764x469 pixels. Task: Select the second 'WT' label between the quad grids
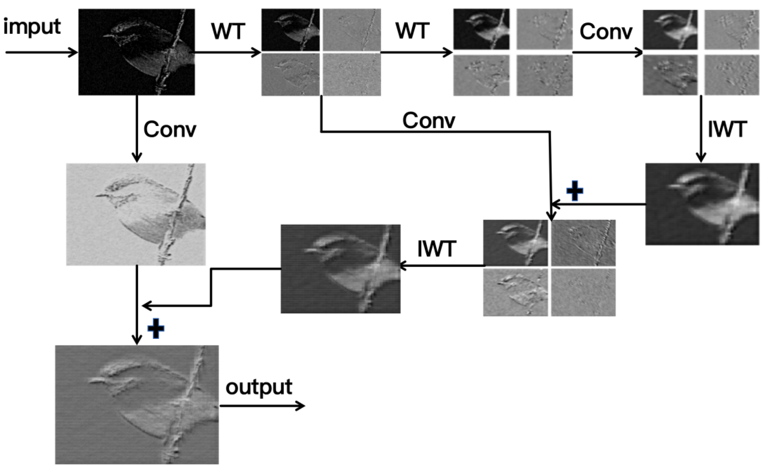412,31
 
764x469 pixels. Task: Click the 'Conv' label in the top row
606,32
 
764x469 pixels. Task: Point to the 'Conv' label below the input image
170,130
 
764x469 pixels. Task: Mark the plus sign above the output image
156,328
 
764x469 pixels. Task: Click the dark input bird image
136,52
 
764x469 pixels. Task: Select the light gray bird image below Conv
136,214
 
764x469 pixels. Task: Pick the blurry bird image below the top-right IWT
702,204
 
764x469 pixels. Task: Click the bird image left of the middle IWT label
340,269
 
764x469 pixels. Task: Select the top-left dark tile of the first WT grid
290,30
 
